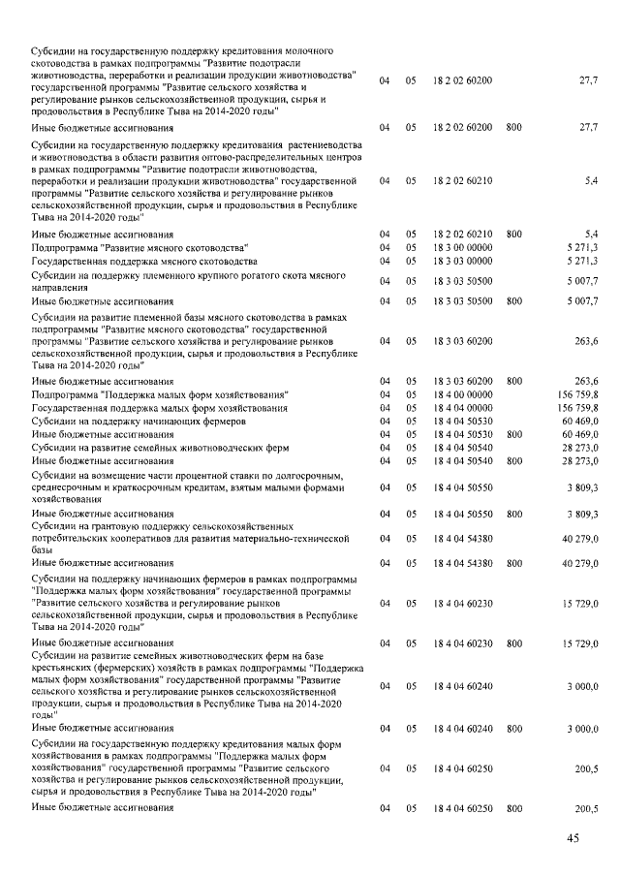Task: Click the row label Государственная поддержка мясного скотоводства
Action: pos(144,262)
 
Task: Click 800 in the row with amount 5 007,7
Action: pos(513,302)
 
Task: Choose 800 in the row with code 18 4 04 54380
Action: pos(513,563)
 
